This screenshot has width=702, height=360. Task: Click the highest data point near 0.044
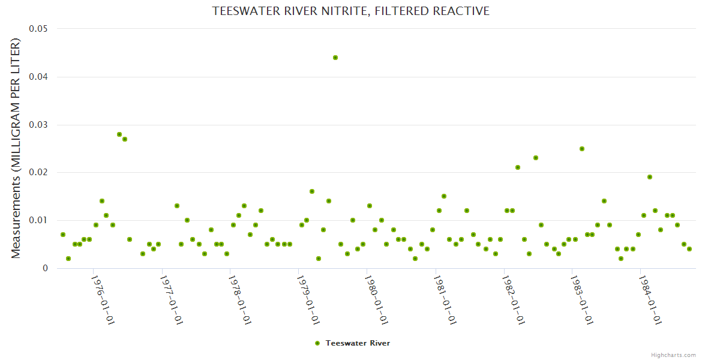(x=335, y=58)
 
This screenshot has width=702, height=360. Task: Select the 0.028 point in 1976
(x=119, y=134)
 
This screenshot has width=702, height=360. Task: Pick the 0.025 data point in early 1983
(x=582, y=149)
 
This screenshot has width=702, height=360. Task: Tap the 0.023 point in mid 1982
(x=536, y=158)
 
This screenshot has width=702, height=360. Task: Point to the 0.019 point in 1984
(x=650, y=177)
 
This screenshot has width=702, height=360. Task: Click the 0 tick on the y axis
(x=45, y=268)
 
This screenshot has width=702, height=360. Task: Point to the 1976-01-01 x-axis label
(x=103, y=299)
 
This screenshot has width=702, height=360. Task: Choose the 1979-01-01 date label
(x=308, y=299)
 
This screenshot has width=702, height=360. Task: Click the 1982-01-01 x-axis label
(x=514, y=299)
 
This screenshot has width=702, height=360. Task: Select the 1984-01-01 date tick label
(x=650, y=299)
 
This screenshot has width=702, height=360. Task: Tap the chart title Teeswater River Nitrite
(x=350, y=11)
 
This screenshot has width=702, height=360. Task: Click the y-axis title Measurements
(x=16, y=148)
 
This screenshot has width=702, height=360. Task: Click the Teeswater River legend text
(x=358, y=343)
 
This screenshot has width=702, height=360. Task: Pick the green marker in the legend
(x=317, y=343)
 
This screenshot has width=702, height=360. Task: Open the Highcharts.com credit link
(x=673, y=355)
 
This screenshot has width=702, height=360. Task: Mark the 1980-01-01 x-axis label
(x=377, y=299)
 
